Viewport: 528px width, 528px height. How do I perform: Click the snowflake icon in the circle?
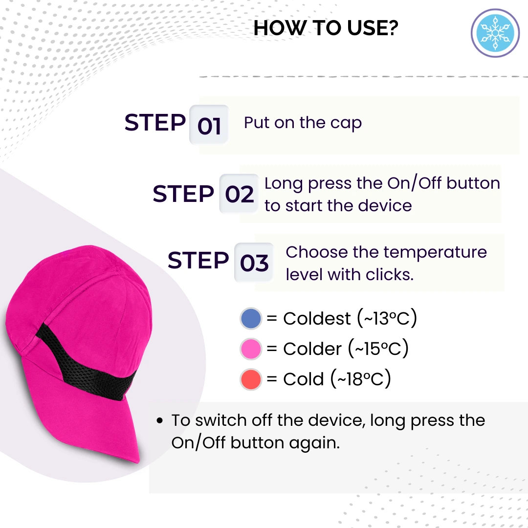(495, 33)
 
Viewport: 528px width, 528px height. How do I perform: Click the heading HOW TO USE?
(326, 28)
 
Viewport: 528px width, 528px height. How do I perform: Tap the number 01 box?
(209, 125)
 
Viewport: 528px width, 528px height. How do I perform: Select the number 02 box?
(239, 194)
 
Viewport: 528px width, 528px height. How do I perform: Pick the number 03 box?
(254, 263)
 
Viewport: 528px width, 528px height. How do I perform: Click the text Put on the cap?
(303, 123)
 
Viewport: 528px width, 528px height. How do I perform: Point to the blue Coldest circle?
(251, 318)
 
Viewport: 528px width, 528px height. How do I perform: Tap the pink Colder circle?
(251, 349)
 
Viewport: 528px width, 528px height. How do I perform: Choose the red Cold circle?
(251, 379)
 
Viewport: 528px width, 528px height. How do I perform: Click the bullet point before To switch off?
(159, 420)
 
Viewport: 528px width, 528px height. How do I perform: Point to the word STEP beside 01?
(155, 122)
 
